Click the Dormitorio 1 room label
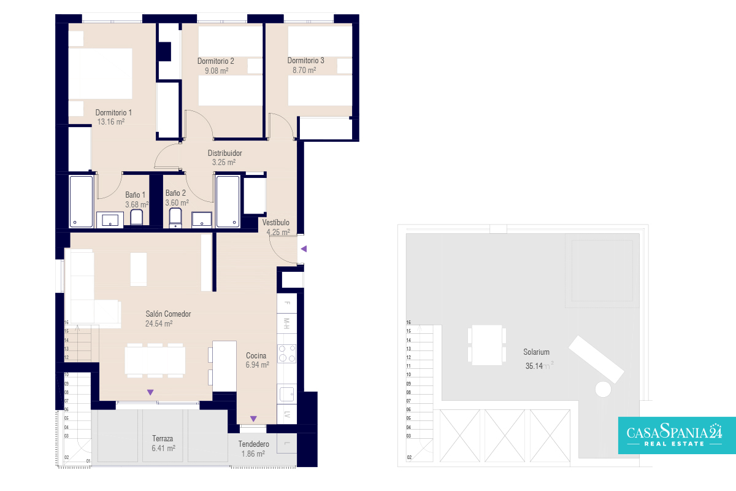pyautogui.click(x=113, y=112)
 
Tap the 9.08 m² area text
pyautogui.click(x=217, y=71)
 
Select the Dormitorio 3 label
pyautogui.click(x=305, y=61)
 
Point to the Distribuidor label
pyautogui.click(x=224, y=153)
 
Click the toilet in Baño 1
pyautogui.click(x=136, y=217)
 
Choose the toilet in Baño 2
pyautogui.click(x=175, y=217)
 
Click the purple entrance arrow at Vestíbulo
pyautogui.click(x=304, y=249)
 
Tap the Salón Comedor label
pyautogui.click(x=168, y=314)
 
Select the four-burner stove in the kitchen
pyautogui.click(x=286, y=354)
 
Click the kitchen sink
pyautogui.click(x=286, y=394)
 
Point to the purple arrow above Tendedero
pyautogui.click(x=253, y=419)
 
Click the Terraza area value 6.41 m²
pyautogui.click(x=163, y=448)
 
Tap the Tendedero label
pyautogui.click(x=254, y=444)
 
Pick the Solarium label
pyautogui.click(x=536, y=352)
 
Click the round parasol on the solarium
pyautogui.click(x=603, y=389)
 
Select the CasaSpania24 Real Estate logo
pyautogui.click(x=677, y=435)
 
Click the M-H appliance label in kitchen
pyautogui.click(x=286, y=323)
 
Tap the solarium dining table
pyautogui.click(x=487, y=345)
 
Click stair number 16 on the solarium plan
pyautogui.click(x=408, y=322)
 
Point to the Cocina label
pyautogui.click(x=256, y=355)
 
